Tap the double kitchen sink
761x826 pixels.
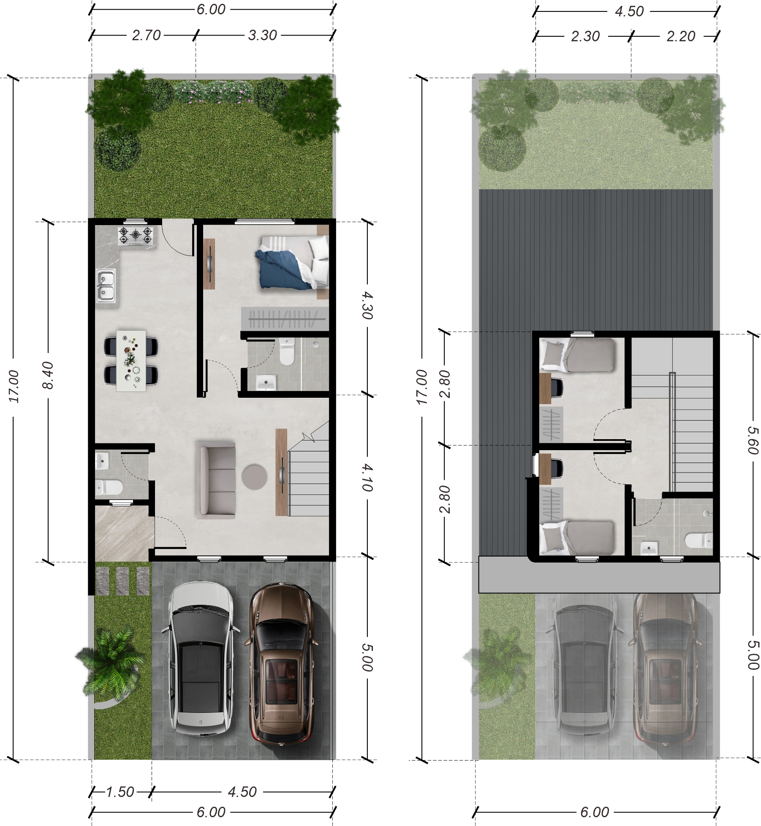coord(106,285)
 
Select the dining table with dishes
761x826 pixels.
coord(131,361)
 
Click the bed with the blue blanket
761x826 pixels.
coord(292,263)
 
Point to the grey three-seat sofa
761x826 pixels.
coord(216,480)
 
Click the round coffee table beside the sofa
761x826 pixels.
coord(254,477)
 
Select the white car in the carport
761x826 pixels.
coord(201,659)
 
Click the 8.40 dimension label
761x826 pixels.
coord(49,375)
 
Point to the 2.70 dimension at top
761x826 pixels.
coord(146,35)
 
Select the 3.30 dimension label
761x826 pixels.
coord(262,35)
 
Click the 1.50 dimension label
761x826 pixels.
coord(120,792)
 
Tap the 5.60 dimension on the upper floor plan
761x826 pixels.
coord(753,440)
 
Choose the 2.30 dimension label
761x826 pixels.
coord(585,36)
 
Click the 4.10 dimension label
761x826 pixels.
coord(367,478)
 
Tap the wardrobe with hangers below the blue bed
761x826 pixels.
coord(285,318)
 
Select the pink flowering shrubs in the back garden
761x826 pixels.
coord(213,92)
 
